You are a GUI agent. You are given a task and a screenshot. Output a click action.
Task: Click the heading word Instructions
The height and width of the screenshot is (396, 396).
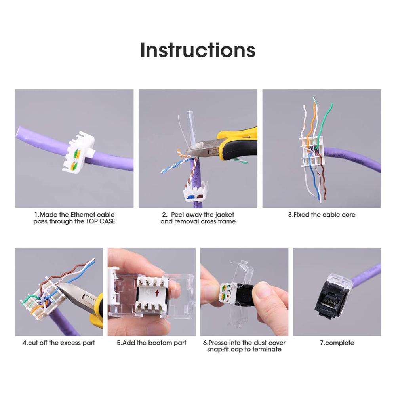coord(198,50)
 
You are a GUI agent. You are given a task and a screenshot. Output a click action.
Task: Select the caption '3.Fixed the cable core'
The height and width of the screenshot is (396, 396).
coord(322,215)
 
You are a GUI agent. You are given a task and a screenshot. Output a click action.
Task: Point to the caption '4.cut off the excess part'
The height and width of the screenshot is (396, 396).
coord(59,343)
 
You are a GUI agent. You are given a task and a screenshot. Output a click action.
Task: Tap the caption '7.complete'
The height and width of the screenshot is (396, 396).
coord(337,343)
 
